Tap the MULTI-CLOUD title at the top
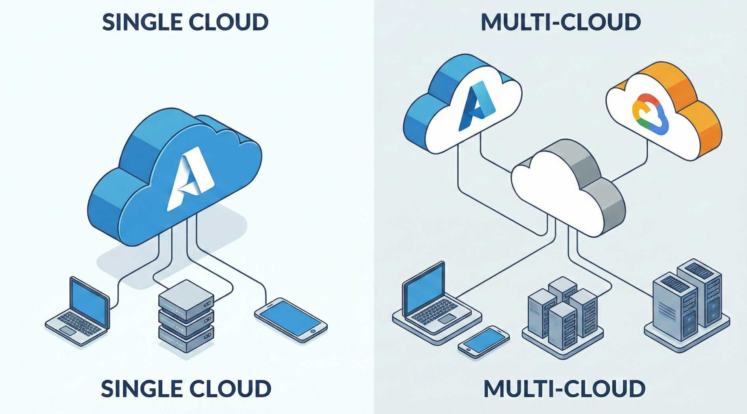pyautogui.click(x=561, y=22)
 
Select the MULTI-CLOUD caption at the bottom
pyautogui.click(x=564, y=389)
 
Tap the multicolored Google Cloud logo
pyautogui.click(x=650, y=114)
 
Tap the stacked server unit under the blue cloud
pyautogui.click(x=186, y=315)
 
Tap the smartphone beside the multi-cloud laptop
pyautogui.click(x=483, y=341)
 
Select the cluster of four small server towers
pyautogui.click(x=562, y=311)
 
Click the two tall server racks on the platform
pyautogui.click(x=688, y=302)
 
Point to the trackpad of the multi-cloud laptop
pyautogui.click(x=447, y=319)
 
